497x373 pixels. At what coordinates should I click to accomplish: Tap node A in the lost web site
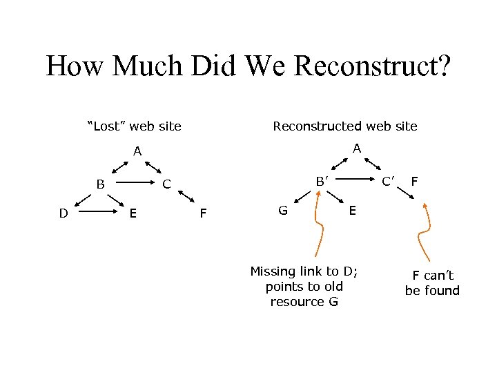(137, 151)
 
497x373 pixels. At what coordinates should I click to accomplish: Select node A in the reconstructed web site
(356, 149)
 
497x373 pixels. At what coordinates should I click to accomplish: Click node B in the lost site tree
(101, 184)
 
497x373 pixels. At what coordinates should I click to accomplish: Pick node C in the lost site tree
(166, 184)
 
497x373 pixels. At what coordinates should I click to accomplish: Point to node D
(63, 213)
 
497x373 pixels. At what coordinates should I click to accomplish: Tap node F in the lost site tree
(202, 213)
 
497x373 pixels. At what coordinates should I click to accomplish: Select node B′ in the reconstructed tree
(321, 182)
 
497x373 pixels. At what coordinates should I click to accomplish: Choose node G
(283, 210)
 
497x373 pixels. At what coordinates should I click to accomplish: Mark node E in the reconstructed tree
(353, 210)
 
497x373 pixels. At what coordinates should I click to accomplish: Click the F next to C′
(414, 182)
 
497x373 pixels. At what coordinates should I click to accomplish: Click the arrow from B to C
(135, 184)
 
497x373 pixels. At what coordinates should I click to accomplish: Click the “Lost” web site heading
(134, 126)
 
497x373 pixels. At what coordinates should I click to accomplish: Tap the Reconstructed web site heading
(345, 126)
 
